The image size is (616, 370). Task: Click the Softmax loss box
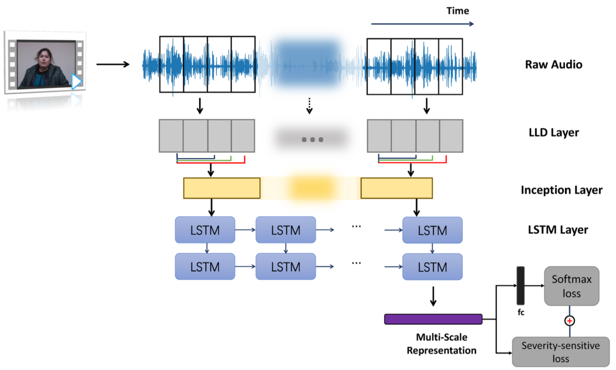[x=571, y=286]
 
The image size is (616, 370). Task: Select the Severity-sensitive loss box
[x=561, y=351]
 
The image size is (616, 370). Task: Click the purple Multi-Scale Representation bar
[x=433, y=319]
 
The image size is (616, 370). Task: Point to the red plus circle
[x=569, y=320]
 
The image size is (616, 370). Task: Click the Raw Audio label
[x=553, y=65]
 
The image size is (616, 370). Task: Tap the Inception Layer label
[x=561, y=190]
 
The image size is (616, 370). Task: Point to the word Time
[x=457, y=11]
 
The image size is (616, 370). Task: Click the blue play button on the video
[x=77, y=82]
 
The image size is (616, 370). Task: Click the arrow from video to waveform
[x=113, y=65]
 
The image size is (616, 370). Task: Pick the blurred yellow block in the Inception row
[x=311, y=188]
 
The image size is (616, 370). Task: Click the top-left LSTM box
[x=205, y=230]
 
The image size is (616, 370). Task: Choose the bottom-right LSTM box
[x=432, y=267]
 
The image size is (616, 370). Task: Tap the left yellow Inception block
[x=221, y=188]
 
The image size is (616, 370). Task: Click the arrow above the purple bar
[x=433, y=297]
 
